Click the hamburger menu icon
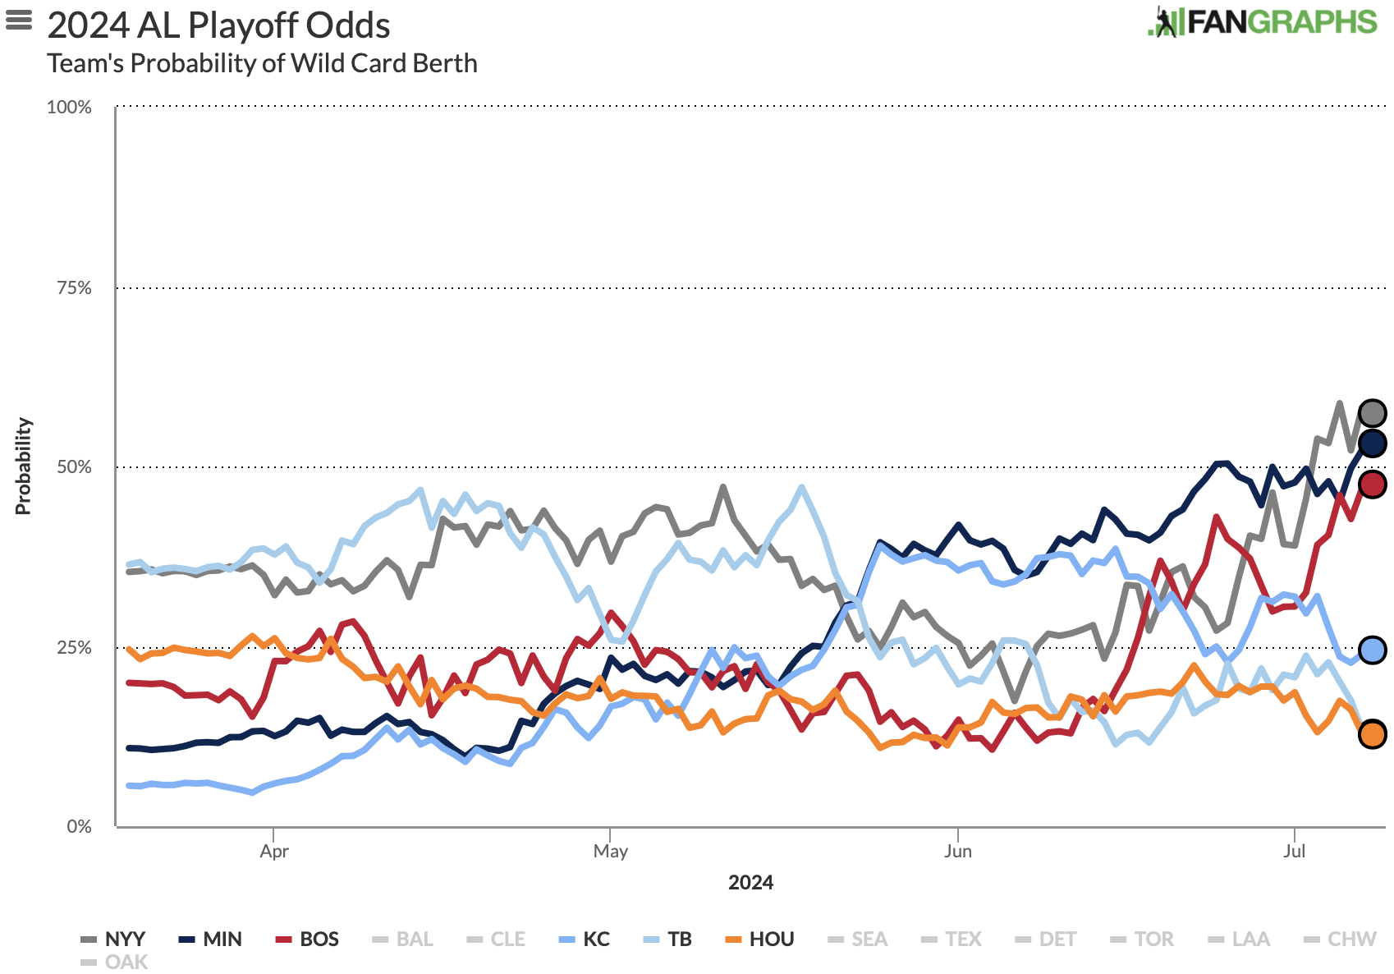tap(19, 19)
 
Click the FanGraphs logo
tap(1262, 22)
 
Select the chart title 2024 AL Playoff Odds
tap(218, 25)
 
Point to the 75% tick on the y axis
tap(74, 287)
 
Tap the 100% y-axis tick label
tap(70, 108)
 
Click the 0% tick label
tap(79, 826)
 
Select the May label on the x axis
tap(610, 851)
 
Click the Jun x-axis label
tap(957, 851)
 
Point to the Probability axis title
tap(23, 466)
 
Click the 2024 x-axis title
tap(750, 883)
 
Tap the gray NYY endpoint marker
tap(1372, 413)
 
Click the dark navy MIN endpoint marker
tap(1372, 443)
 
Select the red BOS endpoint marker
tap(1372, 484)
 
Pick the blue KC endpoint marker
tap(1372, 650)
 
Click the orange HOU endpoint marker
tap(1372, 734)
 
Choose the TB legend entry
tap(669, 939)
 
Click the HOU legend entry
tap(761, 939)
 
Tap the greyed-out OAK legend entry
tap(116, 962)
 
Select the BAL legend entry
tap(404, 939)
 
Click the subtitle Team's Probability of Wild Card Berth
tap(262, 63)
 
